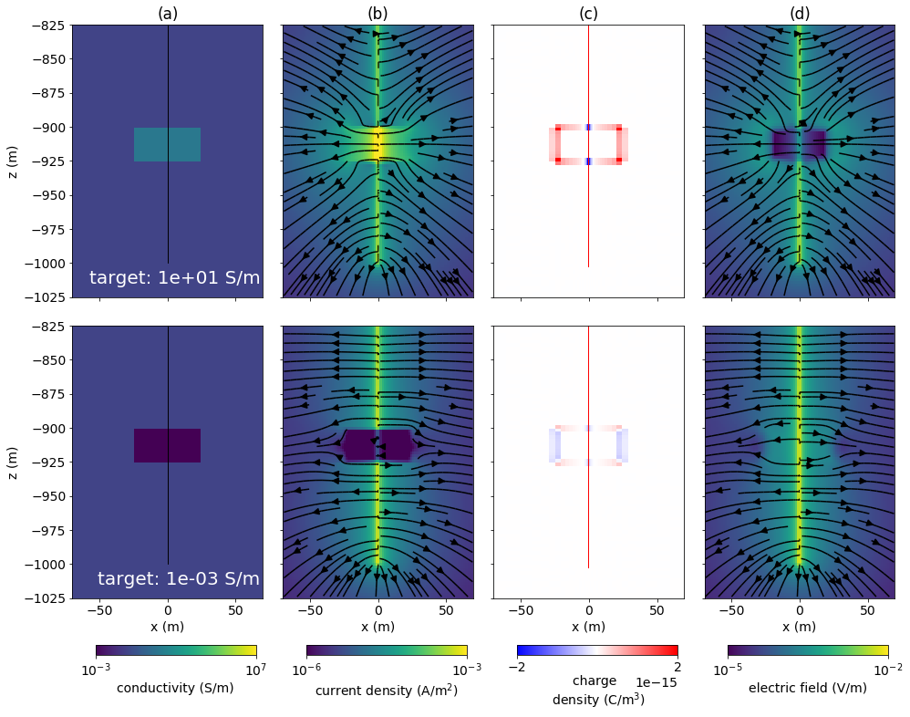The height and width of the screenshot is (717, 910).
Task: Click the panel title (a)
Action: (x=167, y=13)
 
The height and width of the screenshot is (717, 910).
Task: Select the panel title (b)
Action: (x=377, y=13)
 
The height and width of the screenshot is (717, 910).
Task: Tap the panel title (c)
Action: (x=588, y=13)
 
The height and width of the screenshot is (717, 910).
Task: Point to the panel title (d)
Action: (x=800, y=13)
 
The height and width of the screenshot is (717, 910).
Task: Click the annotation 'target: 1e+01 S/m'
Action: (x=175, y=278)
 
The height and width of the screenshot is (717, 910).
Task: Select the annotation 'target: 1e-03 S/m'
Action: (x=179, y=579)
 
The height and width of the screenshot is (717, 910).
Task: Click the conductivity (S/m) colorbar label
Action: (x=175, y=688)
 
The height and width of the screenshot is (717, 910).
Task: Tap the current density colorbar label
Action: (x=386, y=691)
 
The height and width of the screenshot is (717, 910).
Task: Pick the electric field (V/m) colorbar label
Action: (x=807, y=688)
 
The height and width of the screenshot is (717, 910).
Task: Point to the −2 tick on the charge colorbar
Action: (x=517, y=667)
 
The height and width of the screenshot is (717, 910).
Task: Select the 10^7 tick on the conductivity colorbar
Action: (x=256, y=669)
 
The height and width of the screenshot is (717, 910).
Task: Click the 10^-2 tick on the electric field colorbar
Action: (x=887, y=669)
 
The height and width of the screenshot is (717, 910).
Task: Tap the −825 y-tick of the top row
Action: (x=46, y=26)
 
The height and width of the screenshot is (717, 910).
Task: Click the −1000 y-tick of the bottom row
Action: (x=42, y=565)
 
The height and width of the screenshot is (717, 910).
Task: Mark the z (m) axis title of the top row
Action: (x=14, y=161)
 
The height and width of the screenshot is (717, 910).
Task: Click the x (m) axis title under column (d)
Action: (x=800, y=627)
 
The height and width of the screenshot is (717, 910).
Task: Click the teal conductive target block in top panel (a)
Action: (x=150, y=144)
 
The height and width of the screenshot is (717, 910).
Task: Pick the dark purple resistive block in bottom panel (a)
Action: (x=150, y=445)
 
